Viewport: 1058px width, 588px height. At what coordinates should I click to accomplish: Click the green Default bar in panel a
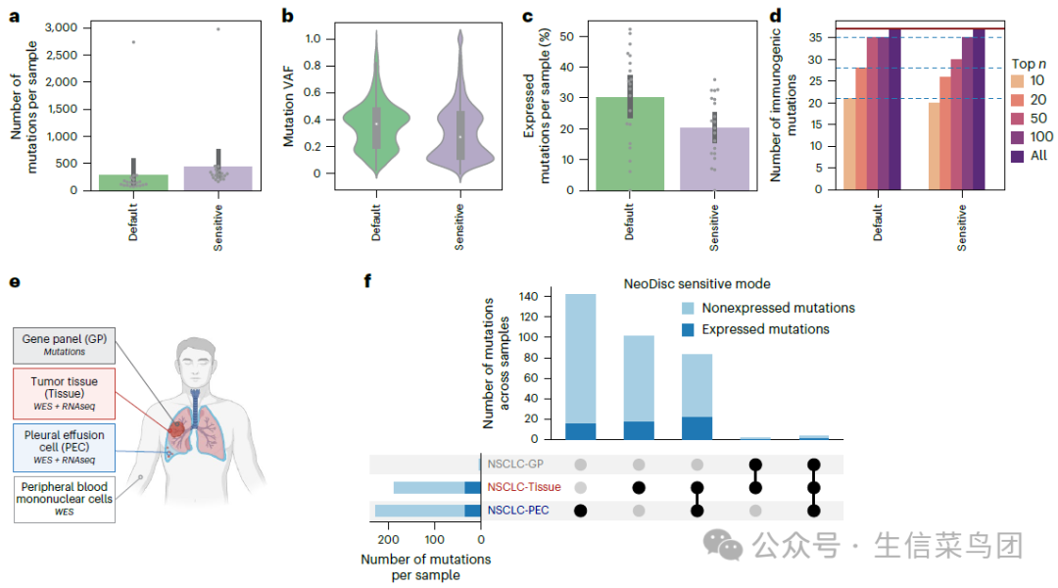click(133, 182)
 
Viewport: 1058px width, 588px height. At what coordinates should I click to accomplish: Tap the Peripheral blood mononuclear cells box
click(65, 499)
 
